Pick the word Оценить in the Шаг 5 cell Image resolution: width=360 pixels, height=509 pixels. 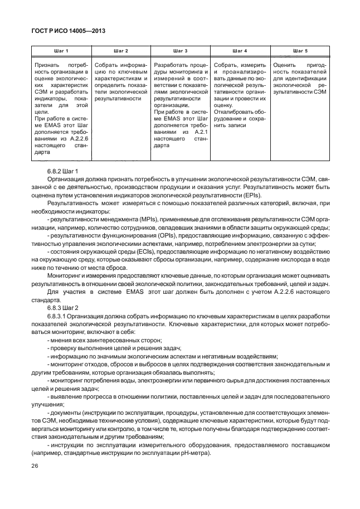pos(286,65)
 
